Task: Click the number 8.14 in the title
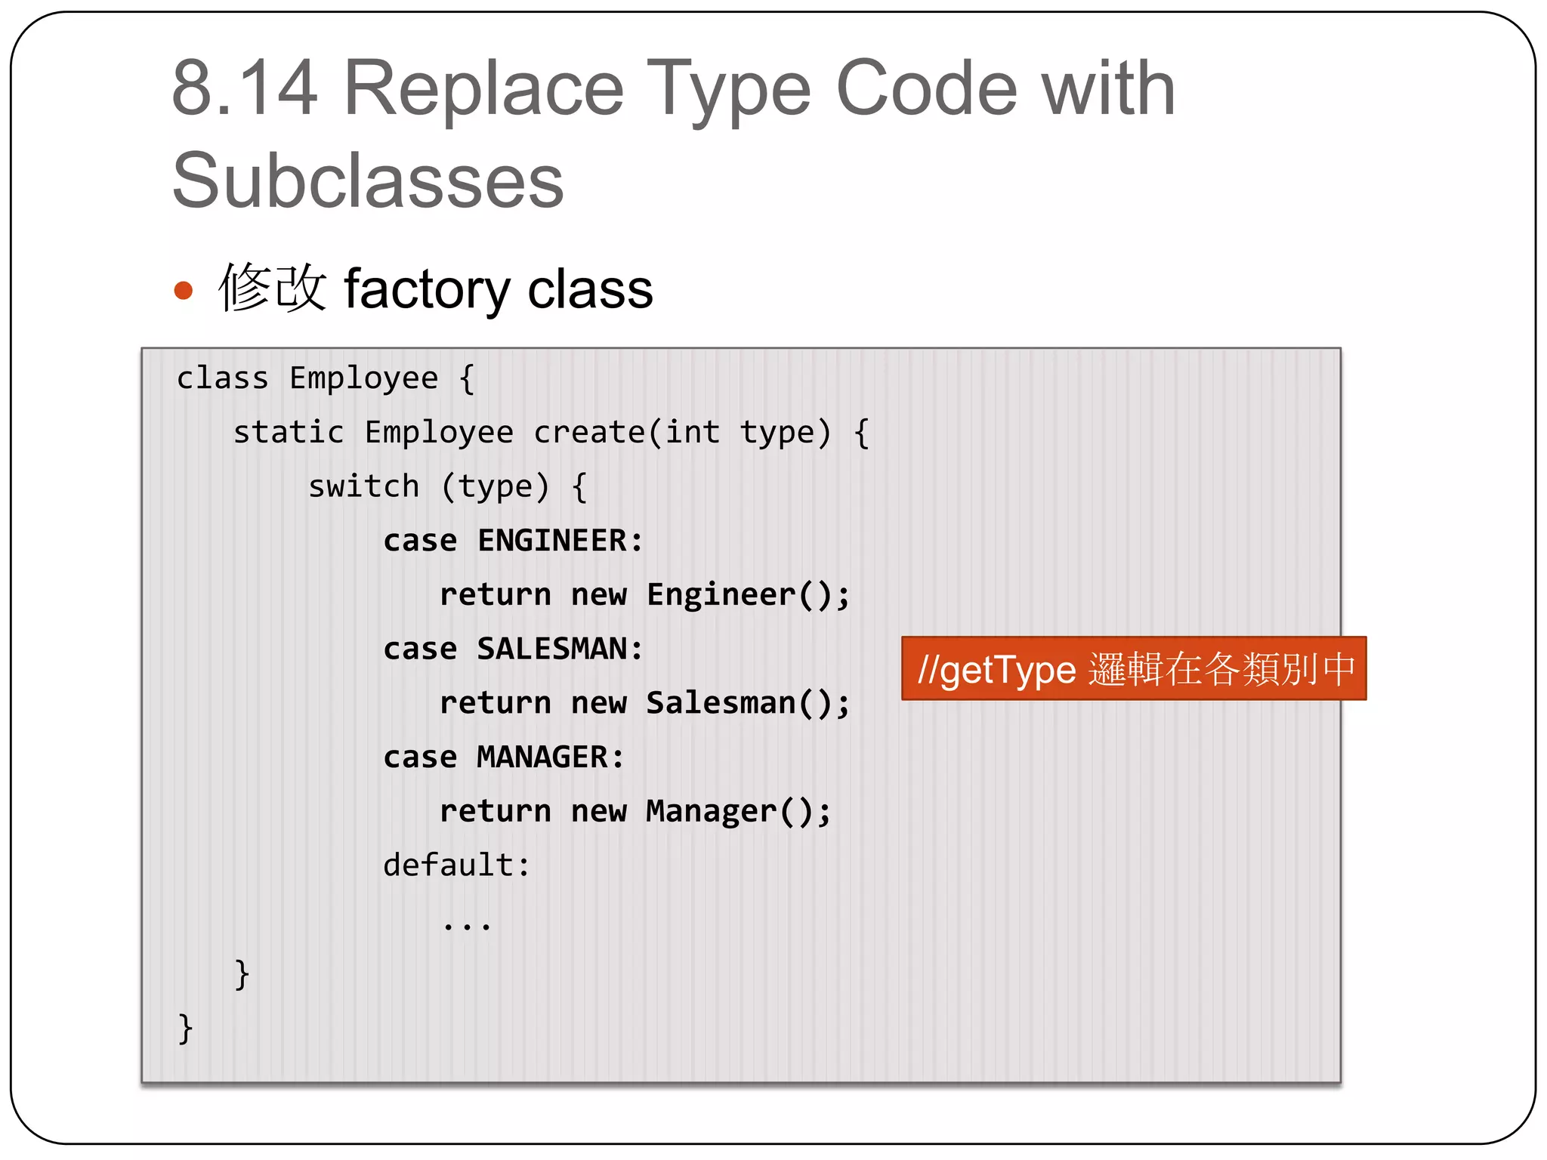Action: point(244,89)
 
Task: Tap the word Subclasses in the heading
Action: point(368,181)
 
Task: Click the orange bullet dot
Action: point(184,291)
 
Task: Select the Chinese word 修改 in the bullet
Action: point(272,288)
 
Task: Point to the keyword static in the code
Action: point(288,433)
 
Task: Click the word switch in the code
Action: point(363,486)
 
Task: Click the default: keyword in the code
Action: point(456,865)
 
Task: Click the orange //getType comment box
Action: point(1133,669)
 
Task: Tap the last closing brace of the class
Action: point(185,1029)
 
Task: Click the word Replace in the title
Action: point(483,89)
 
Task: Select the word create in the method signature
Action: point(589,433)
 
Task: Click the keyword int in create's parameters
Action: point(692,433)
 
